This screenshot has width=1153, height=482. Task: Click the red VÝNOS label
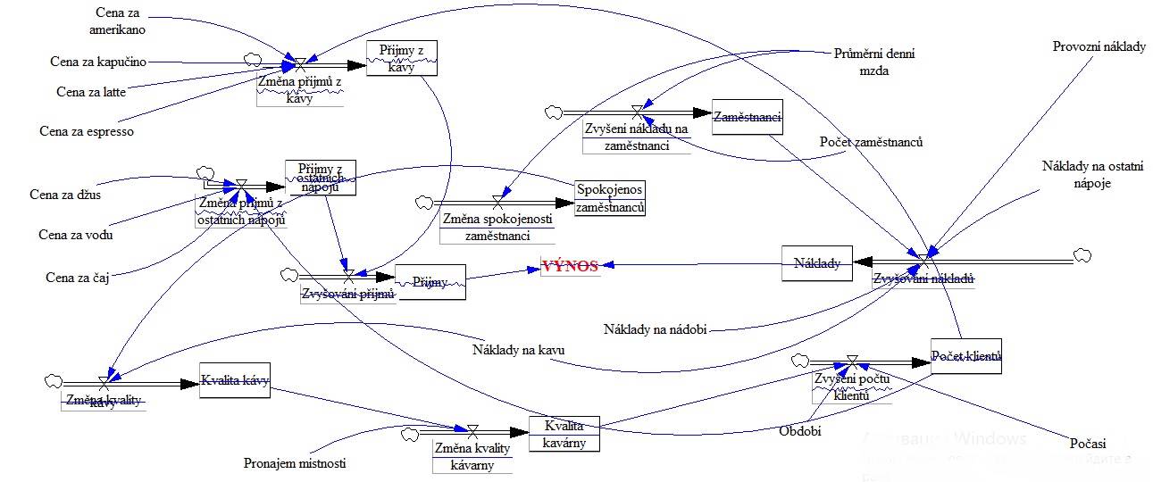click(x=570, y=266)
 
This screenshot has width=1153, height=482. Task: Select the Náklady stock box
click(x=817, y=263)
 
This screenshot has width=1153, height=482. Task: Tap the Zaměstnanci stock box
click(x=748, y=117)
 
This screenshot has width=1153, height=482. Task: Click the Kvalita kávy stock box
click(x=234, y=383)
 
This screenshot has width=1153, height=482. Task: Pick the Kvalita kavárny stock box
click(x=564, y=433)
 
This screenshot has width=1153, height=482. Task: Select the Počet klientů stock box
click(x=966, y=356)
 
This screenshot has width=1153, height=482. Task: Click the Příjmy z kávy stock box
click(x=402, y=59)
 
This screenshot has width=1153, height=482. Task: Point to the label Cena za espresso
click(x=87, y=131)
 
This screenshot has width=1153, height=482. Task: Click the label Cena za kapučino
click(x=98, y=62)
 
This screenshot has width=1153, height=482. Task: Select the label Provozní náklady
click(x=1099, y=46)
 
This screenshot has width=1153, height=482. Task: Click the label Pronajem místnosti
click(x=295, y=463)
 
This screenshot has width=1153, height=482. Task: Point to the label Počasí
click(x=1087, y=443)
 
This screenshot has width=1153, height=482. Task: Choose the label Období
click(x=799, y=430)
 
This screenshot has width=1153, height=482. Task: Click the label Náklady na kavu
click(x=518, y=349)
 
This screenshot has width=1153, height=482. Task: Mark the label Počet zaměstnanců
click(x=871, y=142)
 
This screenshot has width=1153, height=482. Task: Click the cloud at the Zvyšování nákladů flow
click(x=1082, y=255)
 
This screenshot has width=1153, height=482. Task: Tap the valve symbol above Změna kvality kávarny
click(x=472, y=430)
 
